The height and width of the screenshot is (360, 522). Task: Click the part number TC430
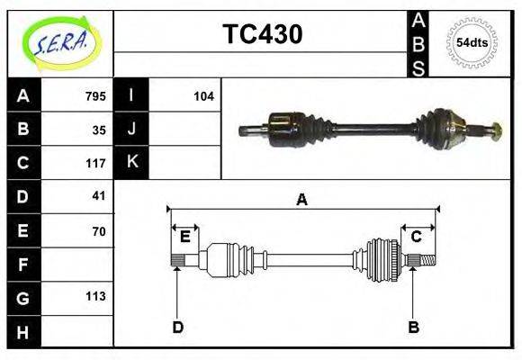[x=262, y=34]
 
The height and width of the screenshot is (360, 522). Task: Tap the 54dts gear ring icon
[x=472, y=42]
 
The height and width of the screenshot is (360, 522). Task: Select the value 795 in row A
[x=95, y=96]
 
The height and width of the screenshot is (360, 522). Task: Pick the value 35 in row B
[x=99, y=129]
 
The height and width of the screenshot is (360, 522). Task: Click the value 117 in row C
[x=95, y=163]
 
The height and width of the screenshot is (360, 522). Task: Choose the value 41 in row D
[x=99, y=195]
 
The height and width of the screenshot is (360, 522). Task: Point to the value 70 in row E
[x=99, y=230]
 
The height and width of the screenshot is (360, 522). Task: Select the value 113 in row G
[x=95, y=296]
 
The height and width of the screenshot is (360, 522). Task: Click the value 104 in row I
[x=203, y=96]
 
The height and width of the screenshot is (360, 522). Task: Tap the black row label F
[x=22, y=265]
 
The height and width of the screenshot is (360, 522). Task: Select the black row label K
[x=131, y=162]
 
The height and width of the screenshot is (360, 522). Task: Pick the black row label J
[x=131, y=129]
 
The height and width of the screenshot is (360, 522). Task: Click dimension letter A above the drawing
[x=302, y=201]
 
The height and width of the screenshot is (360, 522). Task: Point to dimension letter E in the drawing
[x=185, y=237]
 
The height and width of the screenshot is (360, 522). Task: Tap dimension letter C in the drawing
[x=417, y=237]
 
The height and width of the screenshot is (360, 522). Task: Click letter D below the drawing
[x=178, y=327]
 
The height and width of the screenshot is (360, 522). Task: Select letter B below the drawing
[x=414, y=327]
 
